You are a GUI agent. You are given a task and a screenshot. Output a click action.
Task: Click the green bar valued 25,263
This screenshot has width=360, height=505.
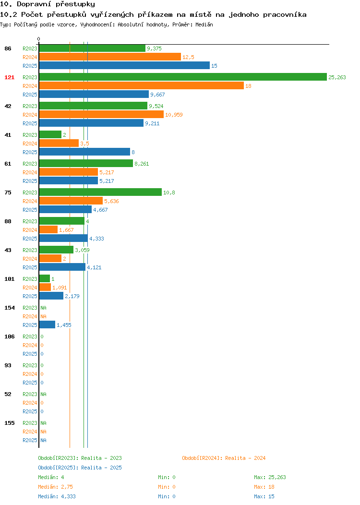(x=183, y=77)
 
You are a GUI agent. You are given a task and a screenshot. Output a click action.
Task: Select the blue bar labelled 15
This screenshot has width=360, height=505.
(x=124, y=65)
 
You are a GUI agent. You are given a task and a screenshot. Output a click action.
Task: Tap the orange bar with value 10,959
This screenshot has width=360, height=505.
(x=101, y=114)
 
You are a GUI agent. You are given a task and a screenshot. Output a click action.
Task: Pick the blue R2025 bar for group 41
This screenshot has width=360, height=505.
(x=84, y=152)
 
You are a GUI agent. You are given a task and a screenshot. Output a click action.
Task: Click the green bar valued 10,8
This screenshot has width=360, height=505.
(x=100, y=192)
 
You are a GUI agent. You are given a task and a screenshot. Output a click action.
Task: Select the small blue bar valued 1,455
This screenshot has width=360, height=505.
(x=47, y=325)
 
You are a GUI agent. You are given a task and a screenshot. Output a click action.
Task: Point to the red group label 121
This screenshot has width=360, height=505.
(x=9, y=77)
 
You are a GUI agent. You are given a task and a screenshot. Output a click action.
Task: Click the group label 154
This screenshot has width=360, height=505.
(x=9, y=308)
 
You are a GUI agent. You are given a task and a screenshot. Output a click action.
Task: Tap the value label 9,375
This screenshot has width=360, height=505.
(x=154, y=48)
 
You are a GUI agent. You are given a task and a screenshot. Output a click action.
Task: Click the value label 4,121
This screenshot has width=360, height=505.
(x=94, y=268)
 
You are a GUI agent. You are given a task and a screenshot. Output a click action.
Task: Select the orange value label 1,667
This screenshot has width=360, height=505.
(x=66, y=230)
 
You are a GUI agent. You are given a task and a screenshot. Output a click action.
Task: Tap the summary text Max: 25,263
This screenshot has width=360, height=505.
(x=270, y=477)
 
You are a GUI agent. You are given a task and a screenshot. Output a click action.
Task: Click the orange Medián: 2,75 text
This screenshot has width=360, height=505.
(x=55, y=487)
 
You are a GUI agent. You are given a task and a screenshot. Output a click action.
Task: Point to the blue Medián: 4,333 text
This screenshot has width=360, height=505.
(x=57, y=497)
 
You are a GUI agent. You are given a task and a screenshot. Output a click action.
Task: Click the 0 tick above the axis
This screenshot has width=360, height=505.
(x=39, y=39)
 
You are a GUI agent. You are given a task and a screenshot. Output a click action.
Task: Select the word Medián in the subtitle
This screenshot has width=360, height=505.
(x=204, y=25)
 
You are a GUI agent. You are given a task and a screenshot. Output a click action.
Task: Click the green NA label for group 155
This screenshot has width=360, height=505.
(x=44, y=423)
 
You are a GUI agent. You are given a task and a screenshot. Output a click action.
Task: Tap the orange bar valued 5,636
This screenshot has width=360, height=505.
(x=71, y=201)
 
